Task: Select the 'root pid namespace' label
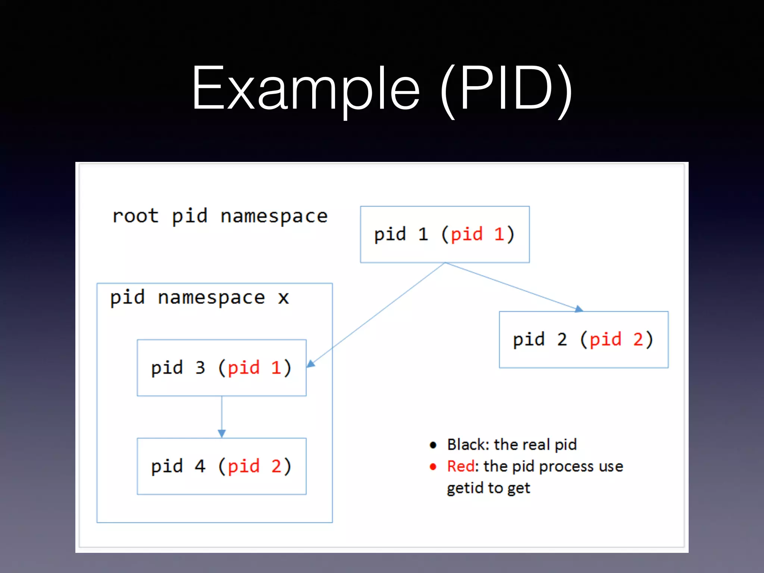point(220,216)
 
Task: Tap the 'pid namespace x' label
point(200,298)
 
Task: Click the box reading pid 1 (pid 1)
point(445,234)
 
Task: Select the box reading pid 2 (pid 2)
point(583,339)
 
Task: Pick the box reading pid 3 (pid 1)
point(222,368)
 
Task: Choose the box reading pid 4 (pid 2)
point(222,466)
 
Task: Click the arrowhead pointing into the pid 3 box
point(311,363)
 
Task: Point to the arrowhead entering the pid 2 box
point(579,309)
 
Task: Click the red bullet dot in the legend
point(433,467)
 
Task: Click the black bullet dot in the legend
point(433,445)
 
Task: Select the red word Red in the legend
point(461,466)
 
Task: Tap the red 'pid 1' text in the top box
point(478,234)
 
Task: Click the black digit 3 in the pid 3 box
point(200,368)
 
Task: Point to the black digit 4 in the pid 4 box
point(200,466)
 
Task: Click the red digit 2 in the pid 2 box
point(638,339)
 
